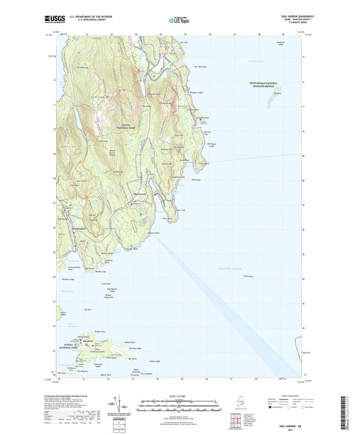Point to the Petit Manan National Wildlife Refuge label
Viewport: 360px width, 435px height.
(258, 86)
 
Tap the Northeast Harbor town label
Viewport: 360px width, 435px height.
(65, 229)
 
